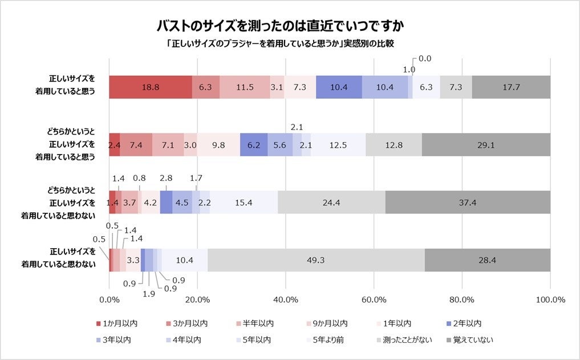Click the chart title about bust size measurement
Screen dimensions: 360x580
tap(283, 26)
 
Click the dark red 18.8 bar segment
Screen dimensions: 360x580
tap(151, 87)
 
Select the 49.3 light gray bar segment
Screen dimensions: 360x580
tap(316, 260)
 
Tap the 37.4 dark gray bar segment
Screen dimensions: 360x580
tap(468, 202)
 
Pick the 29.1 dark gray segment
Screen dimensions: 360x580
tap(486, 145)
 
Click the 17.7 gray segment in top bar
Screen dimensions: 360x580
tap(511, 87)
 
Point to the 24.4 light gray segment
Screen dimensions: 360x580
tap(332, 202)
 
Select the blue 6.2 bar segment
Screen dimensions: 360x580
tap(254, 145)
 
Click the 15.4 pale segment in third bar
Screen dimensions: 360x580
tap(244, 202)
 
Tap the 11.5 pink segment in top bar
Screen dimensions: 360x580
tap(245, 87)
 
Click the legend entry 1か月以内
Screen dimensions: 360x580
tap(116, 323)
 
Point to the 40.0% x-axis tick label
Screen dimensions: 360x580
tap(286, 300)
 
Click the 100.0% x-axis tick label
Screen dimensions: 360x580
tap(550, 300)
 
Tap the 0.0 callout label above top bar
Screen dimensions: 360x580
tap(425, 58)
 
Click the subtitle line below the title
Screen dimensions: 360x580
tap(283, 43)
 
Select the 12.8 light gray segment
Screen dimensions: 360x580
tap(394, 145)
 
